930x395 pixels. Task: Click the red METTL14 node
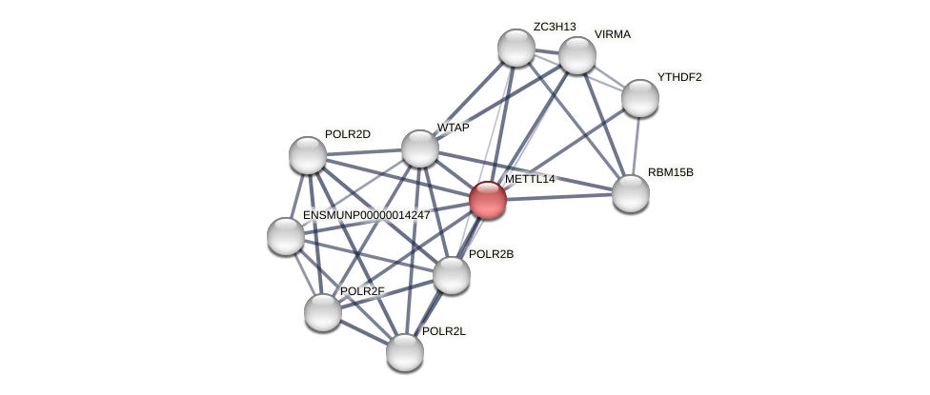click(x=487, y=200)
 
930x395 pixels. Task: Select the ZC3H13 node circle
click(x=516, y=48)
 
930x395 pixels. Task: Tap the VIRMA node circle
click(x=576, y=55)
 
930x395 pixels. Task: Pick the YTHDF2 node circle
click(x=639, y=97)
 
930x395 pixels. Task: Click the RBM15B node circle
click(x=630, y=193)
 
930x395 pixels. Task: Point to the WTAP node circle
click(x=419, y=148)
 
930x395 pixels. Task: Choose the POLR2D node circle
click(x=307, y=155)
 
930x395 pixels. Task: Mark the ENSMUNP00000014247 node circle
click(x=285, y=236)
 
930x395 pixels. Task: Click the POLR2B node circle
click(x=451, y=275)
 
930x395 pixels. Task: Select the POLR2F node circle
click(x=322, y=312)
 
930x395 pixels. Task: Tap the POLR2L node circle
click(x=404, y=352)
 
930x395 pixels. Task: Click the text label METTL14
click(x=530, y=179)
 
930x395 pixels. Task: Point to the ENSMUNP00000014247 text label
click(x=366, y=215)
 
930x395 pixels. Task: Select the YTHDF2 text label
click(x=679, y=77)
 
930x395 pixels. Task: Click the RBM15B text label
click(x=671, y=172)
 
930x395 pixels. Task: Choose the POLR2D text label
click(x=347, y=134)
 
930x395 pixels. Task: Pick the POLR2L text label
click(x=444, y=331)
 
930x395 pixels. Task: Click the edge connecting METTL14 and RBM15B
click(x=562, y=197)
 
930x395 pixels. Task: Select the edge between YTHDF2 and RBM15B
click(x=635, y=145)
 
